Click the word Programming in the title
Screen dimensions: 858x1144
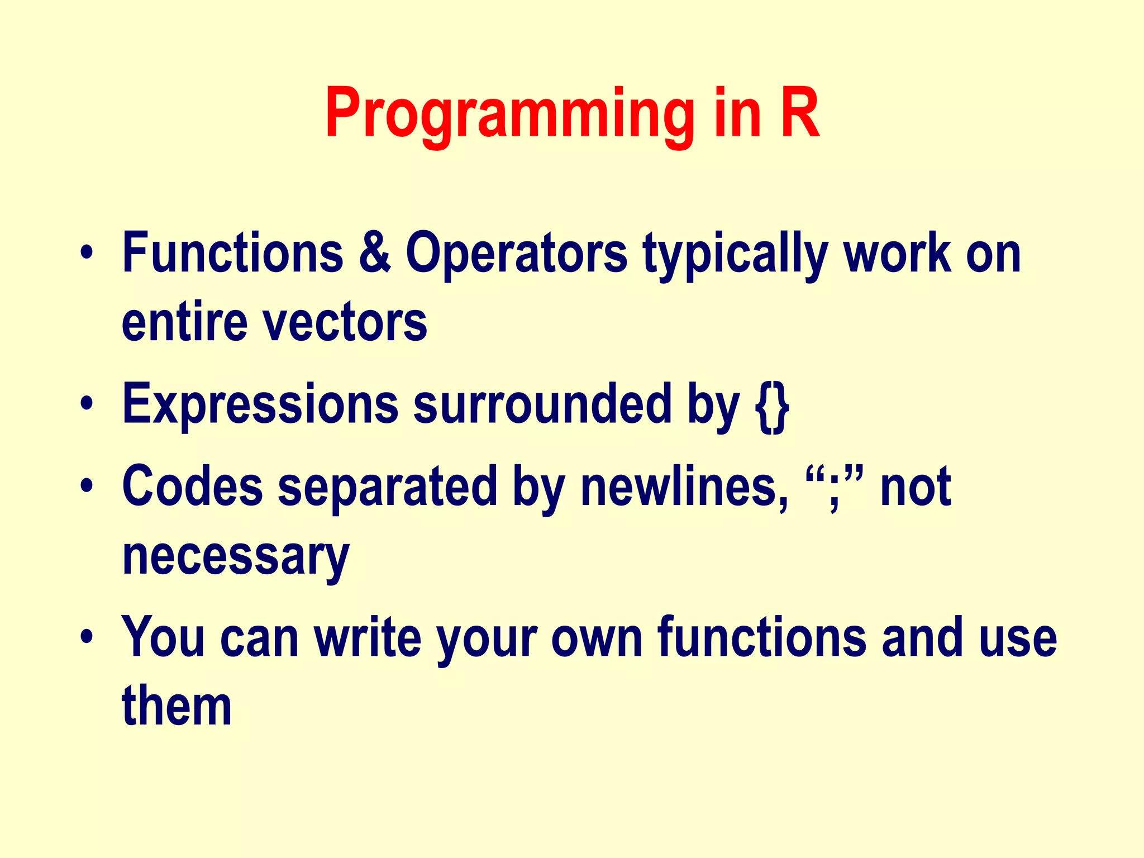click(x=509, y=115)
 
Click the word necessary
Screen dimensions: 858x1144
click(x=236, y=557)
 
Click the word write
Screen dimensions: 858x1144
click(x=367, y=637)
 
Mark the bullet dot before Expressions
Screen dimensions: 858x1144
click(x=86, y=403)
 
